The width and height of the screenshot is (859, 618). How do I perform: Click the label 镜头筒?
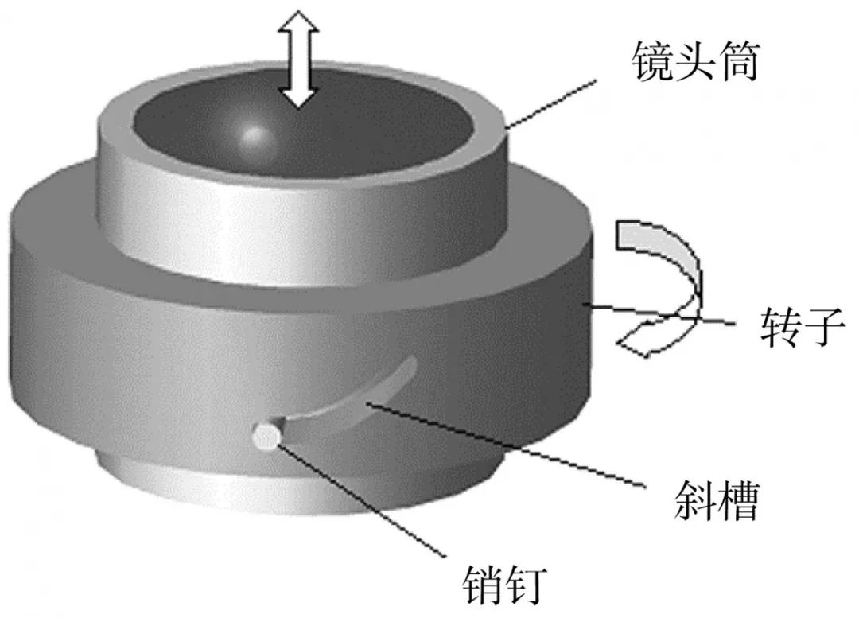click(694, 62)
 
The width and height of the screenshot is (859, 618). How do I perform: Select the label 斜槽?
click(716, 500)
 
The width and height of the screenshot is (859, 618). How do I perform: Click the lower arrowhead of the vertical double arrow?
click(297, 96)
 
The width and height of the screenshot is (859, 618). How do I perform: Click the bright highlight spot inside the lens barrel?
click(253, 133)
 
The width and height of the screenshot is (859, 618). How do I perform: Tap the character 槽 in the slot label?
click(738, 500)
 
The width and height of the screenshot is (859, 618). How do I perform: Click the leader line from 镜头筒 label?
click(550, 104)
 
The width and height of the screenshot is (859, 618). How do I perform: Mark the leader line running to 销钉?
click(362, 499)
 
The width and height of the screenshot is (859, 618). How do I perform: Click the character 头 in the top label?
click(694, 62)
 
